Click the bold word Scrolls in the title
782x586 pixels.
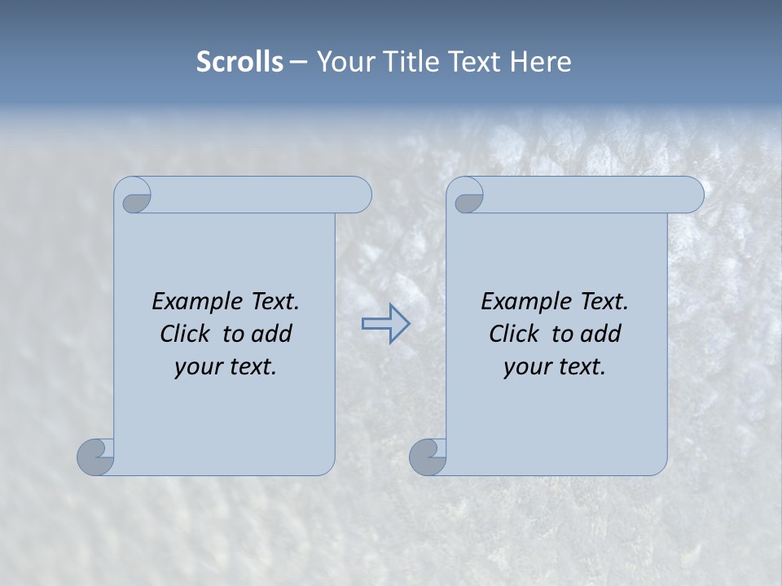coord(239,62)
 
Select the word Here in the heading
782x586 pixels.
coord(540,62)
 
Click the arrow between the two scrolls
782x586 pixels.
coord(386,324)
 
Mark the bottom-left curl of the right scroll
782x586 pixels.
coord(428,456)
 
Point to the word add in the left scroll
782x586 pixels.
coord(273,335)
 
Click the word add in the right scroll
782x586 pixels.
coord(602,335)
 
